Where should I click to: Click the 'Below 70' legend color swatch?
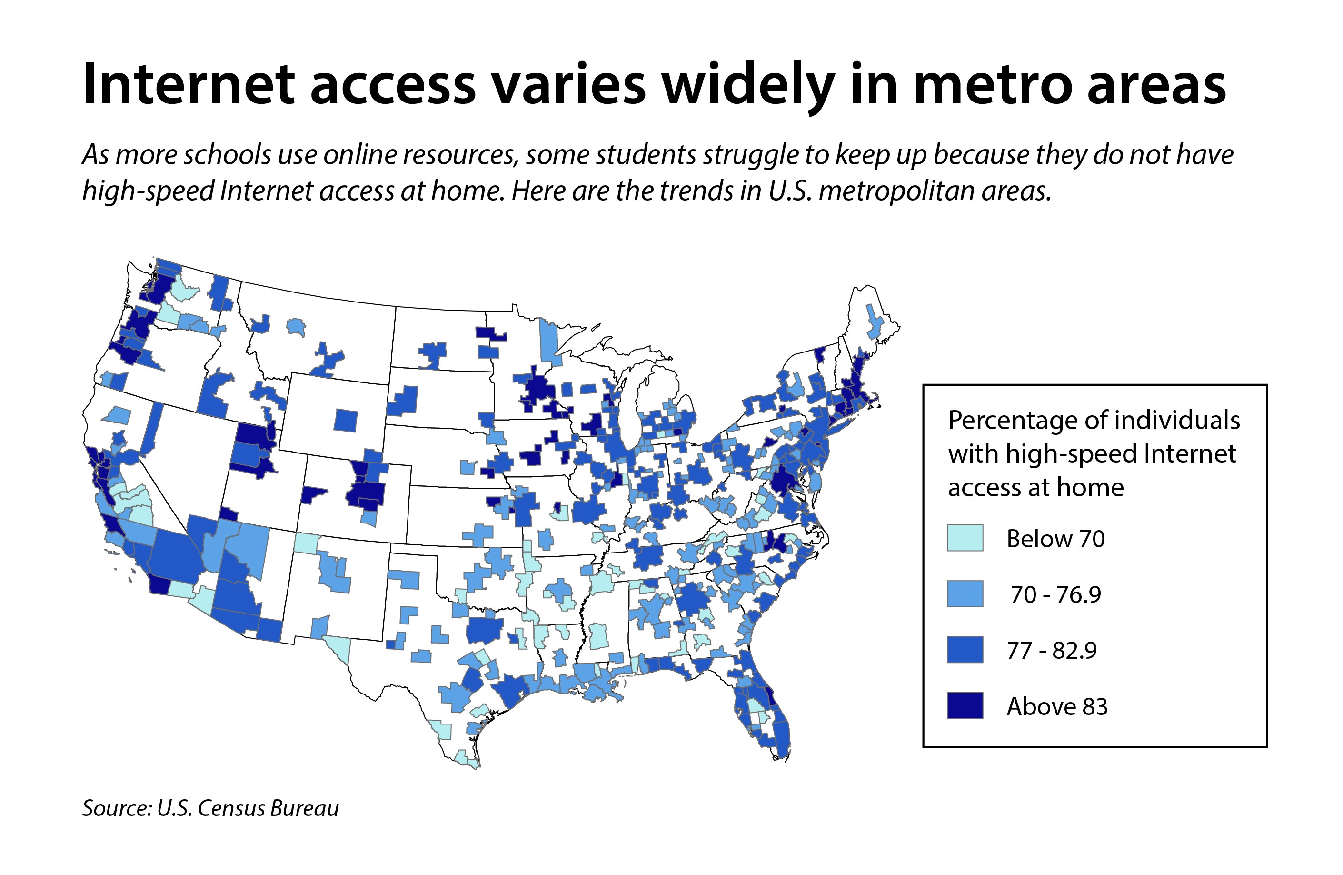[965, 537]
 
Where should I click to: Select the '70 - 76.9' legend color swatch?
[965, 594]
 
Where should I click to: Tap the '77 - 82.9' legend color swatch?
[965, 650]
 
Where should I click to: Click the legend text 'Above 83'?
[1057, 707]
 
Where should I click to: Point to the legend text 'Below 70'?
[1055, 539]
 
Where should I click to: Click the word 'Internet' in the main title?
[189, 85]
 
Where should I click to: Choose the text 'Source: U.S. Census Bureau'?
[210, 808]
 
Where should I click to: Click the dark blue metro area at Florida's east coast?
[770, 699]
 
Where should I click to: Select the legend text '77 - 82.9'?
[1051, 651]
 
